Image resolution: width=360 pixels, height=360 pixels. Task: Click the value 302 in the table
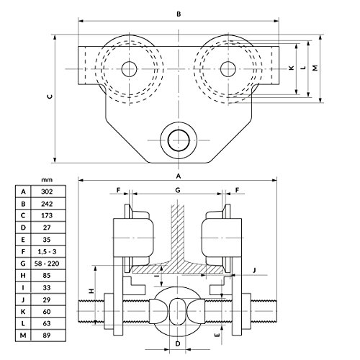click(47, 192)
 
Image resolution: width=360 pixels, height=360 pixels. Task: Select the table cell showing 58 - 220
click(47, 264)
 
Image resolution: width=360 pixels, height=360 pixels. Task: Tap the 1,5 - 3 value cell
click(47, 251)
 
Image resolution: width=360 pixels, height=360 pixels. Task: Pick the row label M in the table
click(23, 336)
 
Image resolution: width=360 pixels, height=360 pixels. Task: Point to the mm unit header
click(47, 180)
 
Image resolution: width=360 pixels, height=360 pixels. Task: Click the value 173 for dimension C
click(47, 215)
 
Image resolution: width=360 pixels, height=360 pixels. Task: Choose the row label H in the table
click(23, 276)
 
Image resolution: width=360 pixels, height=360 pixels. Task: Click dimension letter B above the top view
click(179, 14)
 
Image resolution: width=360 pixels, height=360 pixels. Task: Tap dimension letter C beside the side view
click(50, 96)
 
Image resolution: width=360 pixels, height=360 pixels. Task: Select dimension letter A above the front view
click(179, 176)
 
